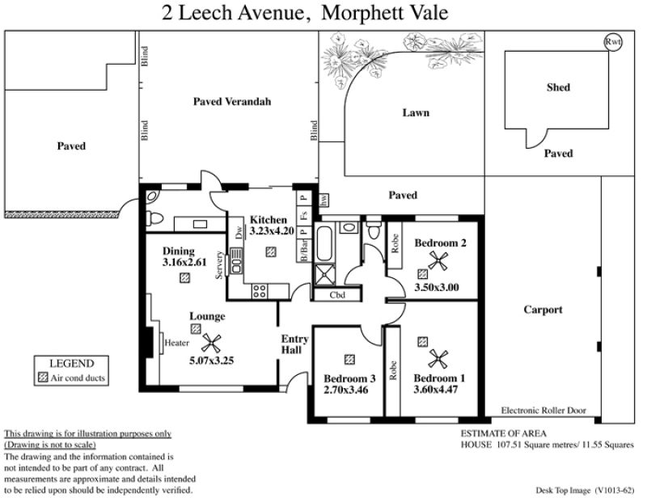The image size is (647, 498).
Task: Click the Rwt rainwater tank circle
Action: point(613,42)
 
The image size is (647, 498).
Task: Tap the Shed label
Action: point(558,87)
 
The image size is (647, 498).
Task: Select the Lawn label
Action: point(416,112)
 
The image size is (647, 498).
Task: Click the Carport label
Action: point(543,310)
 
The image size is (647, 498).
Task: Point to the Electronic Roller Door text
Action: point(543,410)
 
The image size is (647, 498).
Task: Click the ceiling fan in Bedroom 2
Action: point(438,261)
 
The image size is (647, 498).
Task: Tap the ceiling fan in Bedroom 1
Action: point(438,359)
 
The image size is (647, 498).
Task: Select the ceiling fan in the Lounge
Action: point(211,344)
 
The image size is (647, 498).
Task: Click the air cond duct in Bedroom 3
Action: point(349,360)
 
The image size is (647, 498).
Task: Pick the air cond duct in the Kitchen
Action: point(271,251)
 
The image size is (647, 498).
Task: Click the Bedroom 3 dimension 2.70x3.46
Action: point(345,390)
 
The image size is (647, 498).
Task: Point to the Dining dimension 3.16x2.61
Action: point(184,262)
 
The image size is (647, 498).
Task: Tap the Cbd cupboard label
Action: point(337,295)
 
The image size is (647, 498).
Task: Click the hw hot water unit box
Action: point(324,200)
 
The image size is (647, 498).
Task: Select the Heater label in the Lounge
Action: point(176,343)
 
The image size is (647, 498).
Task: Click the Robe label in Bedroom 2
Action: point(395,243)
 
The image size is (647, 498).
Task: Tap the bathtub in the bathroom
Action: point(324,243)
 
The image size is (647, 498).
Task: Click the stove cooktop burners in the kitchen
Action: point(260,291)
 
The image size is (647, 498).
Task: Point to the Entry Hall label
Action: point(294,344)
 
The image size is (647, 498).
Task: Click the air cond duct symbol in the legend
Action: point(43,378)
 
